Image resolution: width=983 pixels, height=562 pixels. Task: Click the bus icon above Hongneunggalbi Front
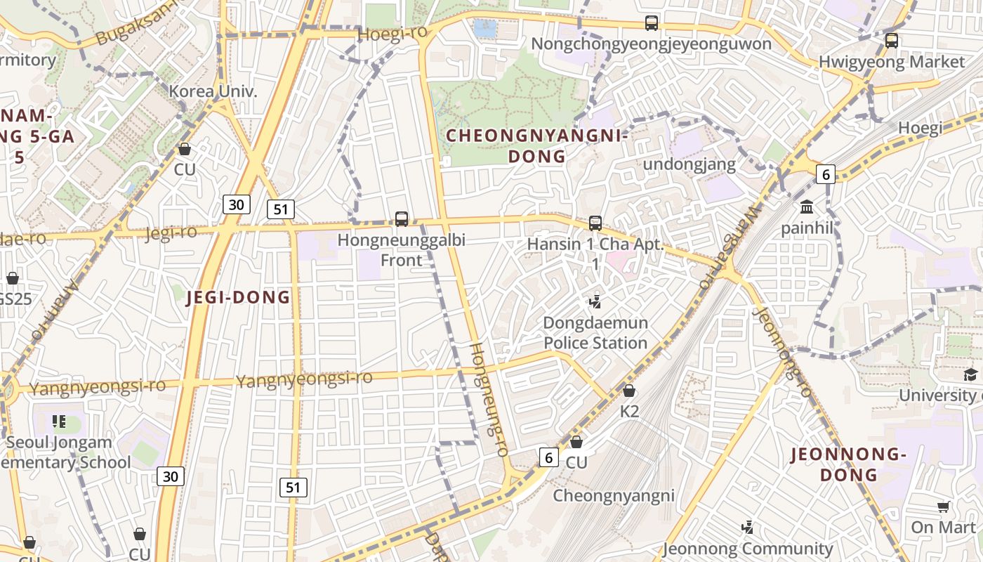tap(402, 218)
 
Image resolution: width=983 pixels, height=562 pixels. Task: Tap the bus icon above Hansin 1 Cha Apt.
tap(595, 223)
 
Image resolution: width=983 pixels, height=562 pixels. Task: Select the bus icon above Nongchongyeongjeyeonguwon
tap(652, 22)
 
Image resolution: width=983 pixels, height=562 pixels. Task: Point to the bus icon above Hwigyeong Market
tap(892, 40)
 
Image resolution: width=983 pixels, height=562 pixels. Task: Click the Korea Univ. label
tap(213, 91)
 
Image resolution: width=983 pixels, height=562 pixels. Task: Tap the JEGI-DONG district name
tap(239, 297)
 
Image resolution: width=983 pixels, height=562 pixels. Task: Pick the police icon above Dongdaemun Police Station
tap(595, 302)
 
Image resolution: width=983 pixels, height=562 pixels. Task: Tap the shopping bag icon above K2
tap(629, 391)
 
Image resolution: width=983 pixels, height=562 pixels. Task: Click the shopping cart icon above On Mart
tap(944, 507)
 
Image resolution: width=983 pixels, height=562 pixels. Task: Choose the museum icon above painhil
tap(807, 207)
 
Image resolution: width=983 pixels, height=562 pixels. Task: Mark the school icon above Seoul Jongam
tap(59, 421)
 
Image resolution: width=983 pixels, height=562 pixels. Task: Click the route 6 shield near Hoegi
tap(826, 174)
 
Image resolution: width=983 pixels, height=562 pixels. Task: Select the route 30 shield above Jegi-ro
tap(236, 204)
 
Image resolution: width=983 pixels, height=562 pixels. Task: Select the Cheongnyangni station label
tap(614, 495)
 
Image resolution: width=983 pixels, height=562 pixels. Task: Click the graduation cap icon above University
tap(970, 374)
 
